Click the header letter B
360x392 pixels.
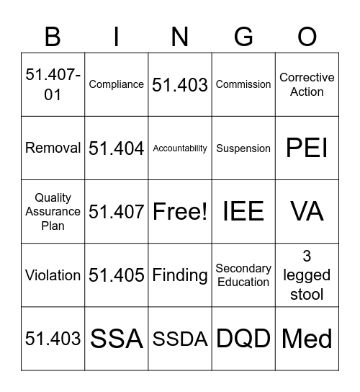point(53,37)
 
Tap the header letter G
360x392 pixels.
point(243,37)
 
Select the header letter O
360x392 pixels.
point(307,37)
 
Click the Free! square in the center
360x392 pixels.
point(180,212)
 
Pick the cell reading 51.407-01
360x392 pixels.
point(53,84)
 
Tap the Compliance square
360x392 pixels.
point(117,84)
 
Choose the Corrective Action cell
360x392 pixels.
point(307,84)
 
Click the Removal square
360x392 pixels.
point(53,148)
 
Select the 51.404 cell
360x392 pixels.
point(117,148)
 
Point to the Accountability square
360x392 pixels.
point(180,148)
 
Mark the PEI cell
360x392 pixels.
point(307,148)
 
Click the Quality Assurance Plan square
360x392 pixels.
point(53,212)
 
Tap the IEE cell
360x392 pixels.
point(243,212)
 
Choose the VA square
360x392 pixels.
point(307,212)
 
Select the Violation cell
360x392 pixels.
point(53,275)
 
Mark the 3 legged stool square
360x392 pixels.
point(307,275)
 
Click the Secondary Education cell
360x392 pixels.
point(243,275)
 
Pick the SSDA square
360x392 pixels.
point(180,339)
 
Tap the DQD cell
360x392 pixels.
point(243,339)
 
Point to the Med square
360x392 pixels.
point(307,339)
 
